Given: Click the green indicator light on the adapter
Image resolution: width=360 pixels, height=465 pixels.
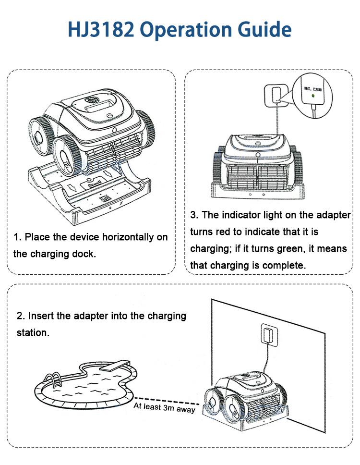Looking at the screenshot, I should coord(313,96).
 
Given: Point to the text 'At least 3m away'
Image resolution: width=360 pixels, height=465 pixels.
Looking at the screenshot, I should coord(164,407).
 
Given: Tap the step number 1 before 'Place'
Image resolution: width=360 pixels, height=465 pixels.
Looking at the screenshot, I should coord(15,237).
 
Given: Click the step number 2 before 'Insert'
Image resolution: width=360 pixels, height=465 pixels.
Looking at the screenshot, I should coord(19,316).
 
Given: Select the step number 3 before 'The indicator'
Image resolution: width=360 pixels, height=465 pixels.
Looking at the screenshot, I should coord(192,215).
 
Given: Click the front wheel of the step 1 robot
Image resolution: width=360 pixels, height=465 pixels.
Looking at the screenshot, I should coord(65,154).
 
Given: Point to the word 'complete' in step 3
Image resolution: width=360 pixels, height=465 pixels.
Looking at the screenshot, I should coord(288,266).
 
